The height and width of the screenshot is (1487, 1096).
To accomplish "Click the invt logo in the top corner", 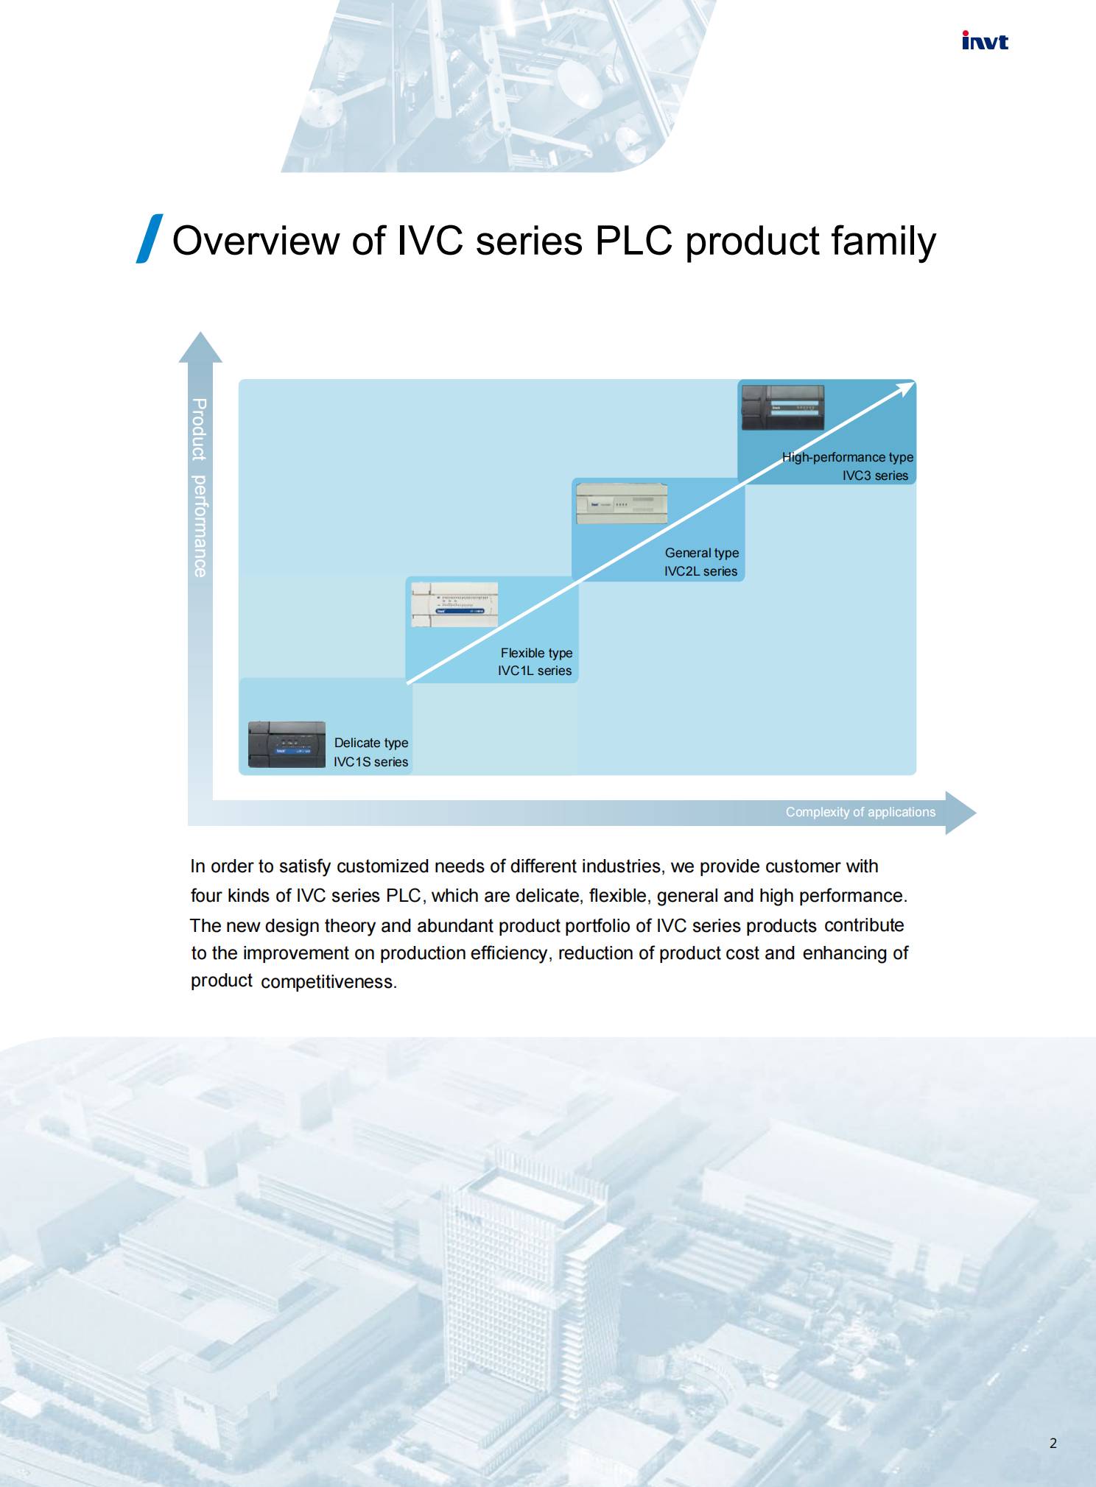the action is pos(985,40).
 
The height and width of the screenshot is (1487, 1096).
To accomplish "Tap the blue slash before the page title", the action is pos(150,239).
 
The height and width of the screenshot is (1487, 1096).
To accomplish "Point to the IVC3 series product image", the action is pos(782,407).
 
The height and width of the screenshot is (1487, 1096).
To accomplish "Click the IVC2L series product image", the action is pos(622,504).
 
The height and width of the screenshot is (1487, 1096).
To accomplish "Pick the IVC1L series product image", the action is pos(454,604).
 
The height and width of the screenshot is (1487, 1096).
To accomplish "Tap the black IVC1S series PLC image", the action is pos(287,745).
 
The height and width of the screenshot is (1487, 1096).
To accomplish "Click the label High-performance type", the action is pos(848,457).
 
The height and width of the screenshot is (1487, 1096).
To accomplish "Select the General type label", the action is pos(702,553).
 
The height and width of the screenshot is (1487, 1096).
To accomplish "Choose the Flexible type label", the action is pos(536,653).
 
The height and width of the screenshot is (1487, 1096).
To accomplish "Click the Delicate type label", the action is pos(371,743).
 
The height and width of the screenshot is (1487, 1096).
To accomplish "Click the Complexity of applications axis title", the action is pos(860,812).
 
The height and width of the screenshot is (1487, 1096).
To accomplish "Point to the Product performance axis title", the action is pos(199,487).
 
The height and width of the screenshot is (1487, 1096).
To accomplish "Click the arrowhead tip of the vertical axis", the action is pos(200,332).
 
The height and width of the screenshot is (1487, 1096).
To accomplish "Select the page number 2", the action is pos(1053,1443).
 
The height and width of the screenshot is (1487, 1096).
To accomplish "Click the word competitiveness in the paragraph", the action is pos(329,982).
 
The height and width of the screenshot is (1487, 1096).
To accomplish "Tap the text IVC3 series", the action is pos(875,476).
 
